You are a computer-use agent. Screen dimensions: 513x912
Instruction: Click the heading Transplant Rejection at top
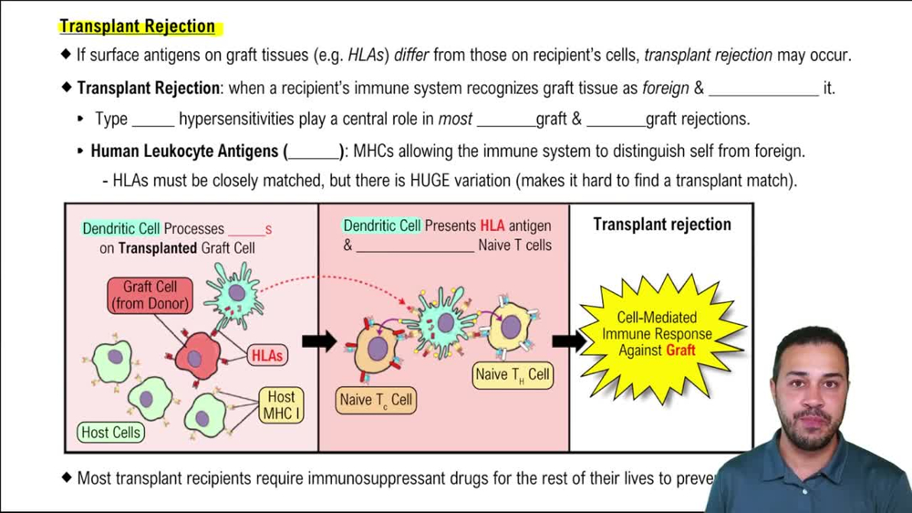(138, 26)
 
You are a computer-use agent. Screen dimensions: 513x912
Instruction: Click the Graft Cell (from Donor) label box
(150, 295)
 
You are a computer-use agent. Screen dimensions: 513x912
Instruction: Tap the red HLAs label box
(267, 356)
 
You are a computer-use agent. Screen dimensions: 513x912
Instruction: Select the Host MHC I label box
(281, 405)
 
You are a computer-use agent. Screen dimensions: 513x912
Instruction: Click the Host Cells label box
(110, 433)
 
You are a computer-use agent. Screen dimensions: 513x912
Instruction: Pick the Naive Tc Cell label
(376, 400)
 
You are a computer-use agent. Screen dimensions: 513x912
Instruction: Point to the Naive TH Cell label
(513, 374)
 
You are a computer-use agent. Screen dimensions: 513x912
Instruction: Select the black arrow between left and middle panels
(319, 341)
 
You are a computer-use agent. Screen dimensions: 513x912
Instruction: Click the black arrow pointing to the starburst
(569, 341)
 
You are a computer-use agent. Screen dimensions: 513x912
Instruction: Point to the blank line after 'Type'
(152, 120)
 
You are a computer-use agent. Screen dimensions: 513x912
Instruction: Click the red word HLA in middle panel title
(492, 225)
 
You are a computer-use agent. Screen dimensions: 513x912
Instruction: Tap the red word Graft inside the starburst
(680, 350)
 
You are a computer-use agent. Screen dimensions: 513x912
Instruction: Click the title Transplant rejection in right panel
(661, 225)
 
